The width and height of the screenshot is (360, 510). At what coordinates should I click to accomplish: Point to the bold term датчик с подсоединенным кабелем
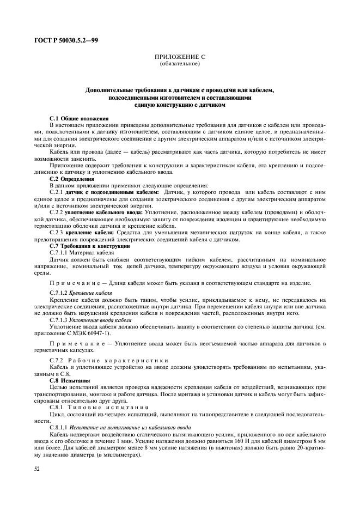112,192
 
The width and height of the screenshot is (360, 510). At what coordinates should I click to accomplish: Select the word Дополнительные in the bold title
109,90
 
